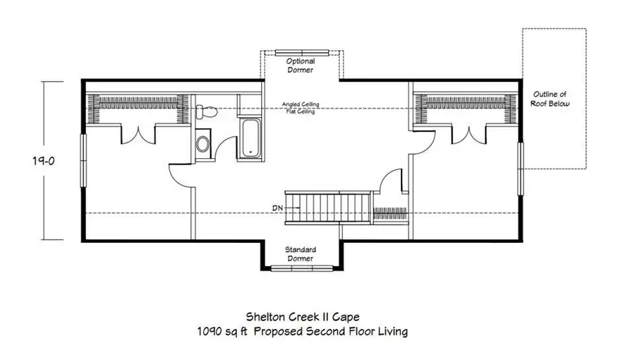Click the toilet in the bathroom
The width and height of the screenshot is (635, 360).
(206, 112)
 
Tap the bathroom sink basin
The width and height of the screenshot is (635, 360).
(202, 144)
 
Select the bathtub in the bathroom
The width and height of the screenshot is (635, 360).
(250, 138)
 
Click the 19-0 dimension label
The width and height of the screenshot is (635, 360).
(43, 161)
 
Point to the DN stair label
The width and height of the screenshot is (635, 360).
(277, 208)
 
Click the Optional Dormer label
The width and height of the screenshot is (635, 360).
(301, 65)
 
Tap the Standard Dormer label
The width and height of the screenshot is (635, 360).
(301, 254)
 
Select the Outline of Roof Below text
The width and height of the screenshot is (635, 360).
(550, 99)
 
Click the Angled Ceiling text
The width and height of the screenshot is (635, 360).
(301, 104)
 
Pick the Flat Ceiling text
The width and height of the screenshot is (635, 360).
(301, 111)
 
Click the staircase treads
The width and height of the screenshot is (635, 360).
(327, 208)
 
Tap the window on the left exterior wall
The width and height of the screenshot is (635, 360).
(83, 160)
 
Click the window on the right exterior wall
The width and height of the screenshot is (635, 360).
(521, 169)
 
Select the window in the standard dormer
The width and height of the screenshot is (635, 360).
(302, 268)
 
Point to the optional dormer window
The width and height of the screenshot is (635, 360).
(302, 53)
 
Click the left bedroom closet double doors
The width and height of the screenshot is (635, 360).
(138, 136)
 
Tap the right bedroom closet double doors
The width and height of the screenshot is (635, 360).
(469, 136)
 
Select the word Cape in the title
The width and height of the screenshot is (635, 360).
(346, 317)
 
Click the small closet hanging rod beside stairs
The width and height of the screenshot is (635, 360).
(389, 213)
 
